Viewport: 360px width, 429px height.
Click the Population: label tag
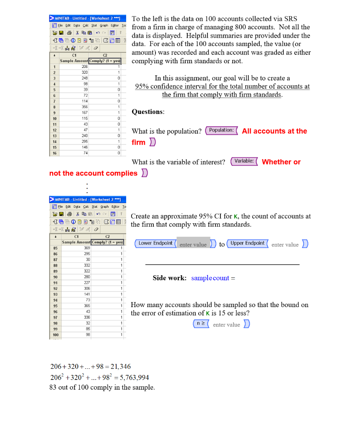click(x=221, y=130)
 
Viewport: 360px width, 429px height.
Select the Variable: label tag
click(x=244, y=161)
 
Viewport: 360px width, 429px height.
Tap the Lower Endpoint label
click(x=155, y=243)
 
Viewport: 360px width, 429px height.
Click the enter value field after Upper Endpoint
click(x=285, y=245)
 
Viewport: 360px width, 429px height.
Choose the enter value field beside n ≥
click(x=226, y=325)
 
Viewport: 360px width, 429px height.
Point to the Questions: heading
click(x=148, y=112)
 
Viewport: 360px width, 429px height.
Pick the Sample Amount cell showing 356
click(x=85, y=107)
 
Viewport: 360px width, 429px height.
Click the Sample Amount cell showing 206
click(x=85, y=66)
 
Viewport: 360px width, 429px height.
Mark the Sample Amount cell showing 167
click(x=85, y=113)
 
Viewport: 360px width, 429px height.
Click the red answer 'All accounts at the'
click(x=274, y=131)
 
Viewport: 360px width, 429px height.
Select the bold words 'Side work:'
click(x=169, y=278)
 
